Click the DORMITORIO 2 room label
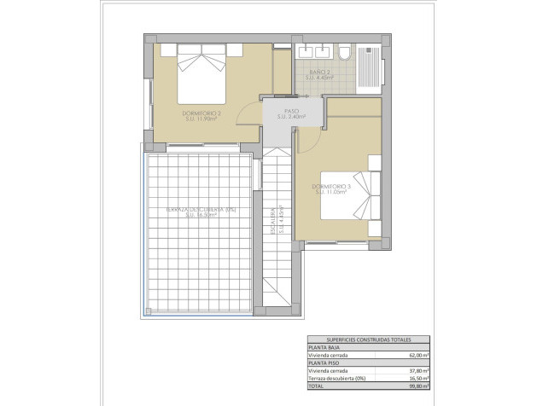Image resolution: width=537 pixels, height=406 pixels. pyautogui.click(x=201, y=116)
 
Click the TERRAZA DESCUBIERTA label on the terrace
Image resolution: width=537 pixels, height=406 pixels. pyautogui.click(x=201, y=212)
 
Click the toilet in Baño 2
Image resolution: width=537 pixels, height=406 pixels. pyautogui.click(x=343, y=54)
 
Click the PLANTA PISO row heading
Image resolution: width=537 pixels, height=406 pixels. pyautogui.click(x=326, y=362)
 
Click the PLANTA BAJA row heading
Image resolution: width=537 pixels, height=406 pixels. pyautogui.click(x=326, y=346)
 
